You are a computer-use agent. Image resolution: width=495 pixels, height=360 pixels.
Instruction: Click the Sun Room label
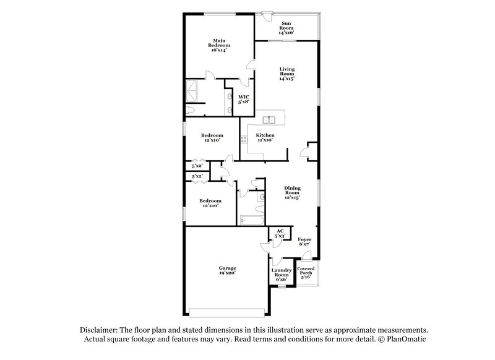(286, 27)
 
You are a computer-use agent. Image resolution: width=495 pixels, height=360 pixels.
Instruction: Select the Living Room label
(286, 74)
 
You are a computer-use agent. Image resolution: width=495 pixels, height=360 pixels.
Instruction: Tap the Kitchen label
(265, 137)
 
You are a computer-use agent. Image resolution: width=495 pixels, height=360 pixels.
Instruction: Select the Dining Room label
(292, 192)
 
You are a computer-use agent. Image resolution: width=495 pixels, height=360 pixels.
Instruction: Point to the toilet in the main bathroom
(191, 109)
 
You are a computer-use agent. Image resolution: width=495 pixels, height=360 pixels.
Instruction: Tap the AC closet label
(280, 233)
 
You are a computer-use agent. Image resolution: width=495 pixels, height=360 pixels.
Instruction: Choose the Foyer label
(304, 241)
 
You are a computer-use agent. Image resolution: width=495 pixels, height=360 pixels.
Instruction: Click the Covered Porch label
(306, 272)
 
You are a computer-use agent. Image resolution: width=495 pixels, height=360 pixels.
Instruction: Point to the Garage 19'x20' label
(227, 270)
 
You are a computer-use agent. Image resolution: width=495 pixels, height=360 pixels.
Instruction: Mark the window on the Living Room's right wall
(319, 96)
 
